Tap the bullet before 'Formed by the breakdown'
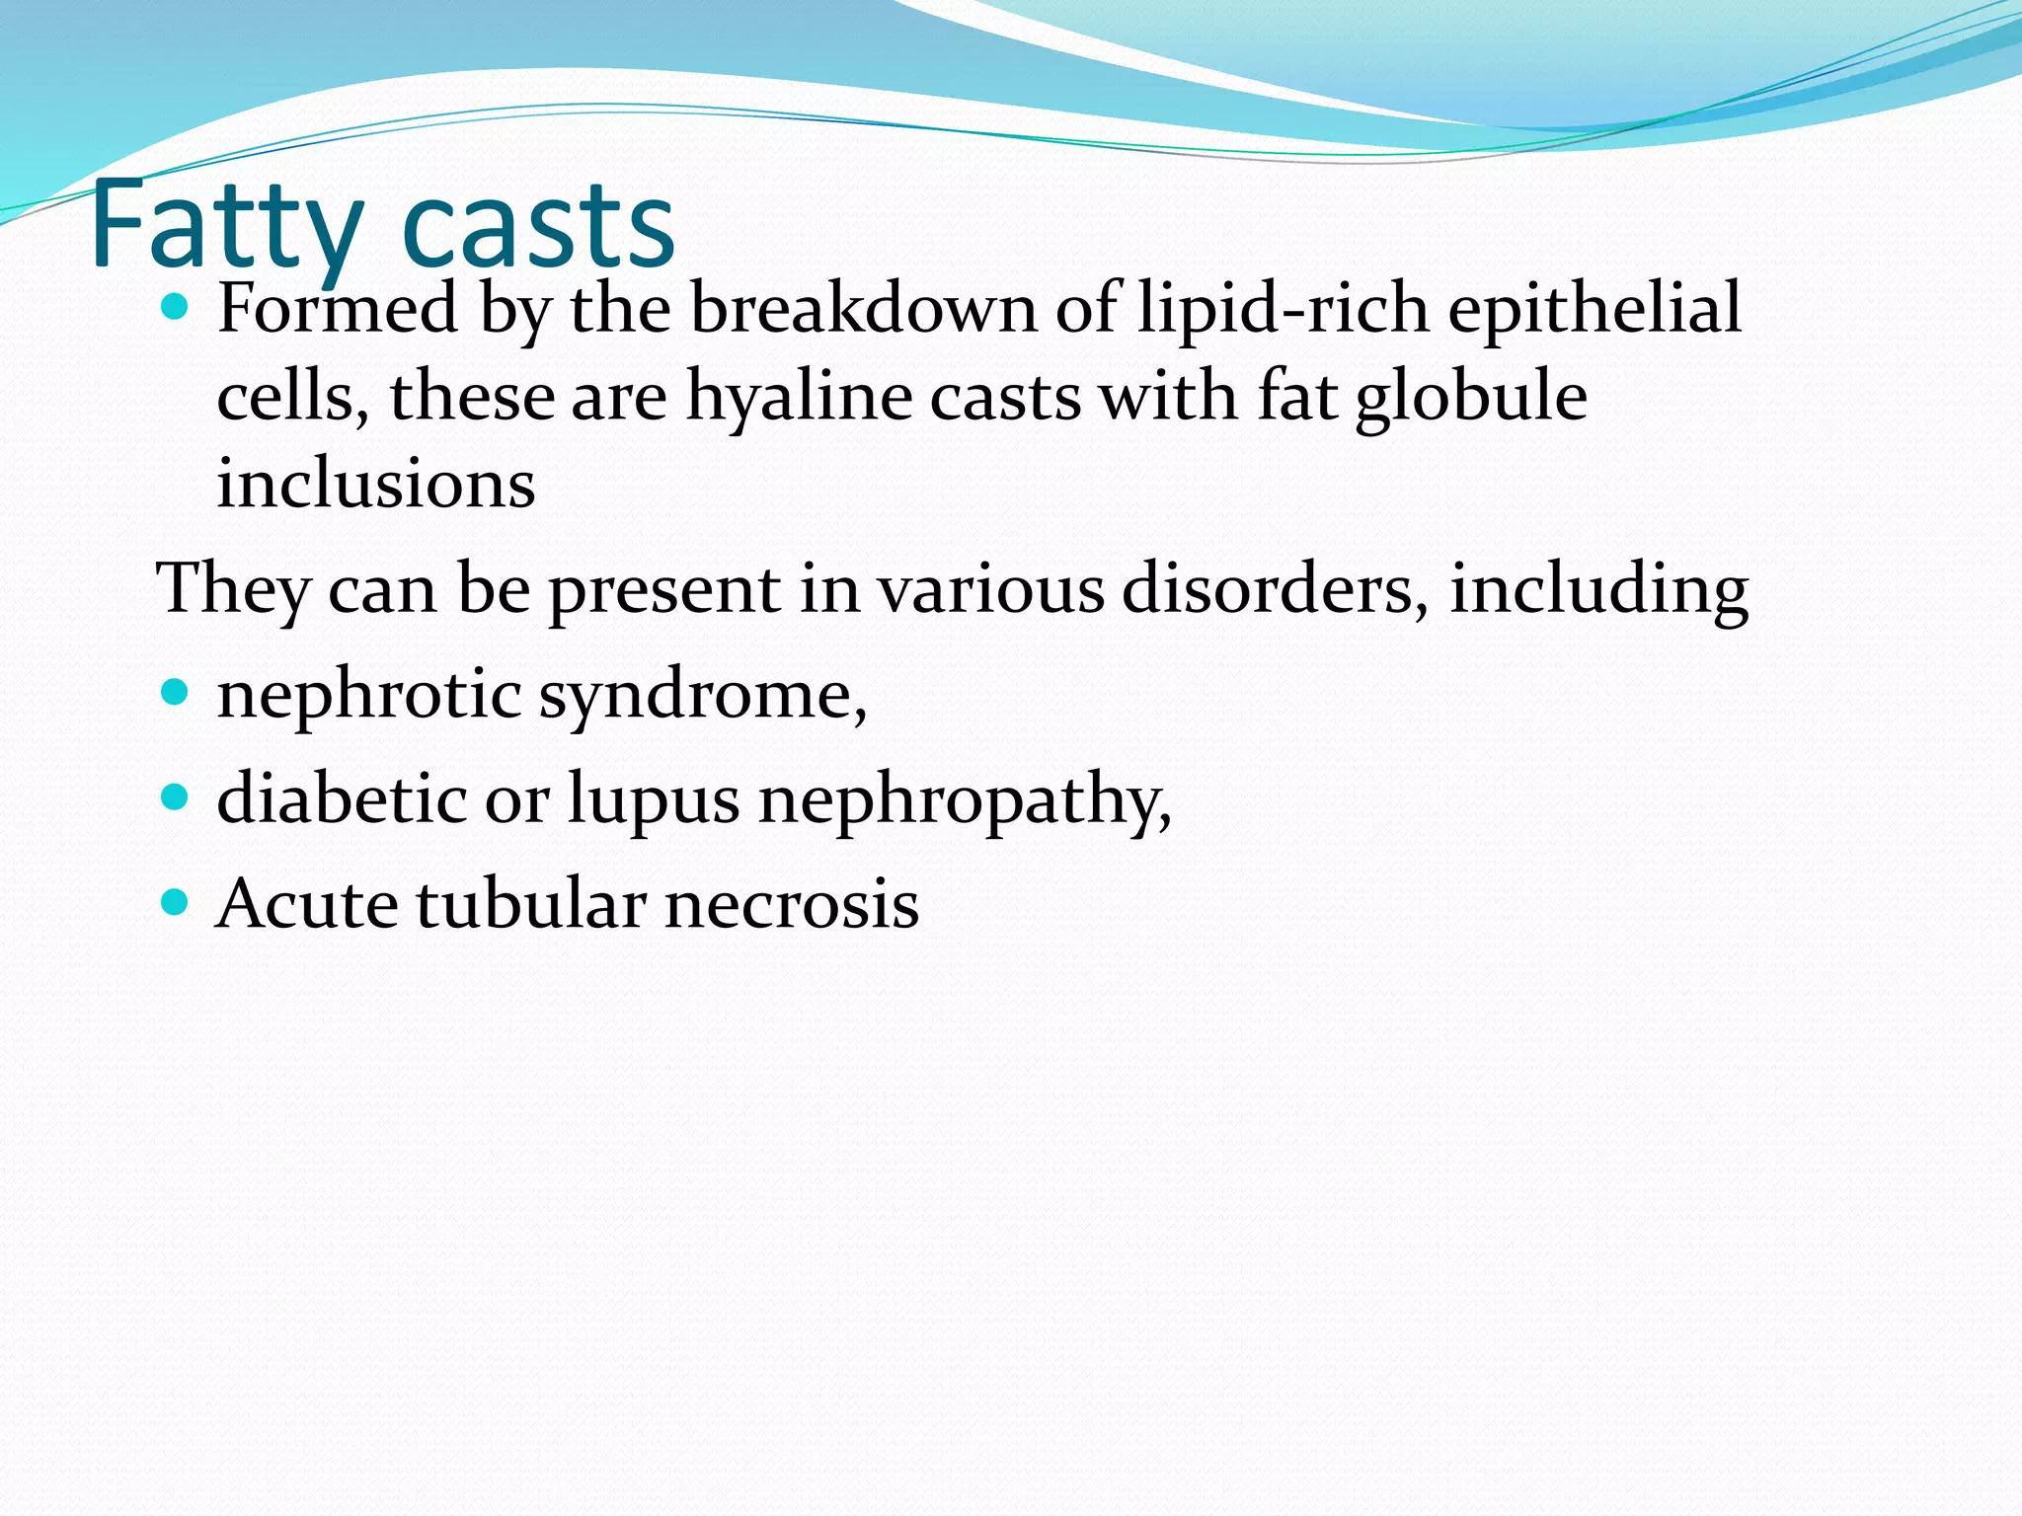[174, 308]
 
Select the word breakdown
[863, 308]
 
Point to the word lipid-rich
[1283, 308]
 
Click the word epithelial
[1594, 308]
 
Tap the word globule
[1471, 398]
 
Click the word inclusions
[375, 485]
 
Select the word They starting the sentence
[233, 589]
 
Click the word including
[1599, 589]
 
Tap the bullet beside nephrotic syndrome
[174, 692]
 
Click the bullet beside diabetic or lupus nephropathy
[174, 796]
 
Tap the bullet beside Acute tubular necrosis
[174, 901]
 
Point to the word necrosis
[792, 904]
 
